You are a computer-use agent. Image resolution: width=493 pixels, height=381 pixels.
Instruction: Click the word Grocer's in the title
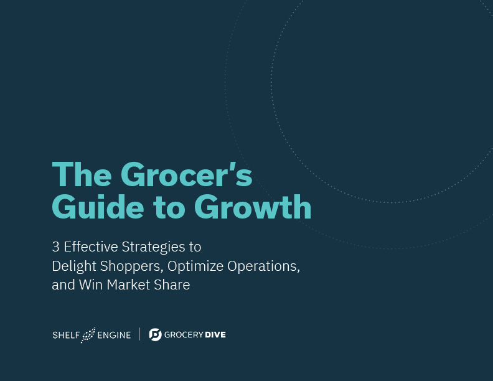[187, 174]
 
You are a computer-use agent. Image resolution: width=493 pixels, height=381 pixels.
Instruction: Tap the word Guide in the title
[98, 207]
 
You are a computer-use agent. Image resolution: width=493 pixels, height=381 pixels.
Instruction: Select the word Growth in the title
[253, 207]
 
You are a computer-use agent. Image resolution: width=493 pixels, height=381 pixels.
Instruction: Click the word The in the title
[82, 174]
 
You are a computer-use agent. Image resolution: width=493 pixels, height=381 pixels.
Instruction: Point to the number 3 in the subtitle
[55, 247]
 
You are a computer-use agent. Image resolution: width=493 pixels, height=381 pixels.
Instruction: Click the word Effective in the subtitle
[91, 247]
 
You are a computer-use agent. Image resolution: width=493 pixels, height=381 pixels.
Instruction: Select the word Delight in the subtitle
[74, 266]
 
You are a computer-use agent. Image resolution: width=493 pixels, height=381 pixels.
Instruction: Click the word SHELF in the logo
[66, 335]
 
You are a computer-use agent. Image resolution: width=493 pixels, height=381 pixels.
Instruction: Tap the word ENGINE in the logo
[114, 335]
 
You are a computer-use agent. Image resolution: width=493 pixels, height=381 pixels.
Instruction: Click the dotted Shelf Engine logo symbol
[88, 335]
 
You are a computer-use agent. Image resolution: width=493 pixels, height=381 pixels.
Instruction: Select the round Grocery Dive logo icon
[156, 334]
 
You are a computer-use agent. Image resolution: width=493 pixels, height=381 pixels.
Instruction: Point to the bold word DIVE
[215, 335]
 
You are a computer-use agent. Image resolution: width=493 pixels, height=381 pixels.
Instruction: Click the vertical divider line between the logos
[140, 334]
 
